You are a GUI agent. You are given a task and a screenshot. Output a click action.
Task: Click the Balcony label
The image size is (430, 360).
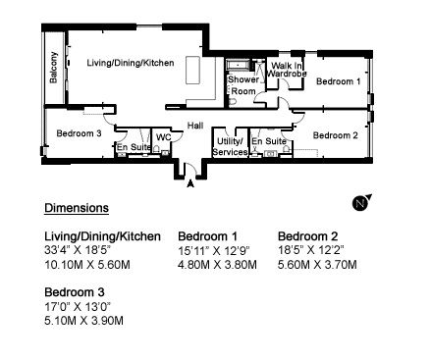pos(54,68)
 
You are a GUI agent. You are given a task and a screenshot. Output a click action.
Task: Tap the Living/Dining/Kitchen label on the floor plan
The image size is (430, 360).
pos(131,63)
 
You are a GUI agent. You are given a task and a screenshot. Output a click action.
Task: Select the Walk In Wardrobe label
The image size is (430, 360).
pos(287,70)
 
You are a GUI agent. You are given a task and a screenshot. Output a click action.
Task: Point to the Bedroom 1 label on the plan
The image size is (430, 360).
pos(339,81)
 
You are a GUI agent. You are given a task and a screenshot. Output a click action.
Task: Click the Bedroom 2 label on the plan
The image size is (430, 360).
pos(336,135)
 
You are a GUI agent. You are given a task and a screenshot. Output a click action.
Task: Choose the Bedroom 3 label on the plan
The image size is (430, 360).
pos(79,133)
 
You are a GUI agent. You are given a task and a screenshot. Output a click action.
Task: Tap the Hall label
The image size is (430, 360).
pos(195,126)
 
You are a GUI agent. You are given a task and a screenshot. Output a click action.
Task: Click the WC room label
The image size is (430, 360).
pos(163,137)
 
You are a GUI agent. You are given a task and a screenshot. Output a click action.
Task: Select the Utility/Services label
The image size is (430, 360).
pos(230,147)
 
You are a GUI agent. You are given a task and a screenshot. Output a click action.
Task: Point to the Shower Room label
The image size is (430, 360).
pos(243,85)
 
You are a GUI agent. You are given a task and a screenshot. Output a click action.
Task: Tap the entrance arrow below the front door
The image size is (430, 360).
pos(190,183)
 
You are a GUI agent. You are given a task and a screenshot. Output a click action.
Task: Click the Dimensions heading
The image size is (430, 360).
pos(77,208)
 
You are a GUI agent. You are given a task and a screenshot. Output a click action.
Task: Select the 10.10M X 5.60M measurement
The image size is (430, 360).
pos(87,265)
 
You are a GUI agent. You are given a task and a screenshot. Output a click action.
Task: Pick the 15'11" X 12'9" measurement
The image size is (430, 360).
pos(214,251)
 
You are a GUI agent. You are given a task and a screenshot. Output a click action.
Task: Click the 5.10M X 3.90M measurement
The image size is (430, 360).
pos(83,321)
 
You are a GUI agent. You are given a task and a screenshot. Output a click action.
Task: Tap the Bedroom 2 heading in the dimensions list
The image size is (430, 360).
pos(307,236)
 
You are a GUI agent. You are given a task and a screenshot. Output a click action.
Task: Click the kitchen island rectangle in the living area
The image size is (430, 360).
pos(193,71)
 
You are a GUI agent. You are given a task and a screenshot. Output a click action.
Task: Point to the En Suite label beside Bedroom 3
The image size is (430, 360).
pos(134,147)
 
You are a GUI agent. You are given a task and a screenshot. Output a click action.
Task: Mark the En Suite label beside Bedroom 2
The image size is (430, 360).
pos(269,141)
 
